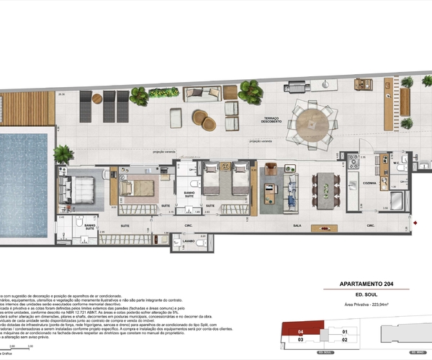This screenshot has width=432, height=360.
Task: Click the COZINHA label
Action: [x=370, y=183]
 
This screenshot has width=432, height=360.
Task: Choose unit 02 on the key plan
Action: [x=345, y=340]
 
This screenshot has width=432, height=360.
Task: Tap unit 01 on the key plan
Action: [x=345, y=331]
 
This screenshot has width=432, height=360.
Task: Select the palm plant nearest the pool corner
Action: [x=63, y=153]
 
